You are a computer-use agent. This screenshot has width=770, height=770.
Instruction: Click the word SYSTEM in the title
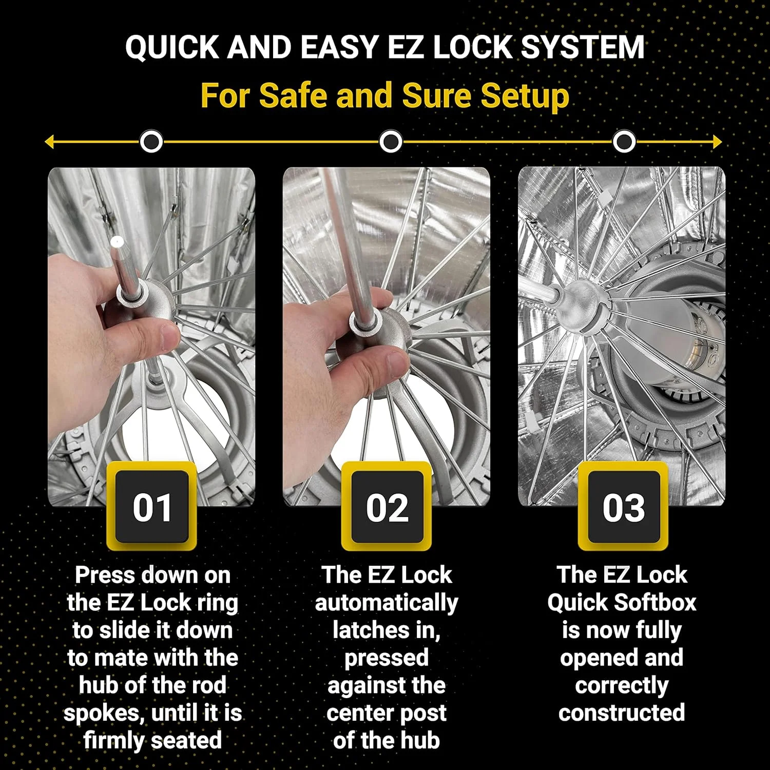pos(583,47)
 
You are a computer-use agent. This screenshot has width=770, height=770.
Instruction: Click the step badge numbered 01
pos(151,507)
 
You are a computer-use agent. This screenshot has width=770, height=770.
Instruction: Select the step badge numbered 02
pos(387,507)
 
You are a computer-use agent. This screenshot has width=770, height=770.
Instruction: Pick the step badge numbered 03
pos(623,507)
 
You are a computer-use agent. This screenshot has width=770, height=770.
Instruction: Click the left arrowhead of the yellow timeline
pos(49,142)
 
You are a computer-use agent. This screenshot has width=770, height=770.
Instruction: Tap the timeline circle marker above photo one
pos(151,142)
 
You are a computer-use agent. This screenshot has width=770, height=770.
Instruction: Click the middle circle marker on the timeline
pos(391,142)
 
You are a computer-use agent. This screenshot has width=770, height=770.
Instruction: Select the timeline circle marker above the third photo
pos(624,142)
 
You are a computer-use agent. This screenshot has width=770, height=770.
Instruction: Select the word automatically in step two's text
pos(386,603)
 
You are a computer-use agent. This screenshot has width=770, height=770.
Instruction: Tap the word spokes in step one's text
pos(96,713)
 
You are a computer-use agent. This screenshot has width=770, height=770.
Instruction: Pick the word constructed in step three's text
pos(622,713)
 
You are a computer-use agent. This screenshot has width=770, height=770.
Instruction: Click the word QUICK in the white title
pos(172,47)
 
